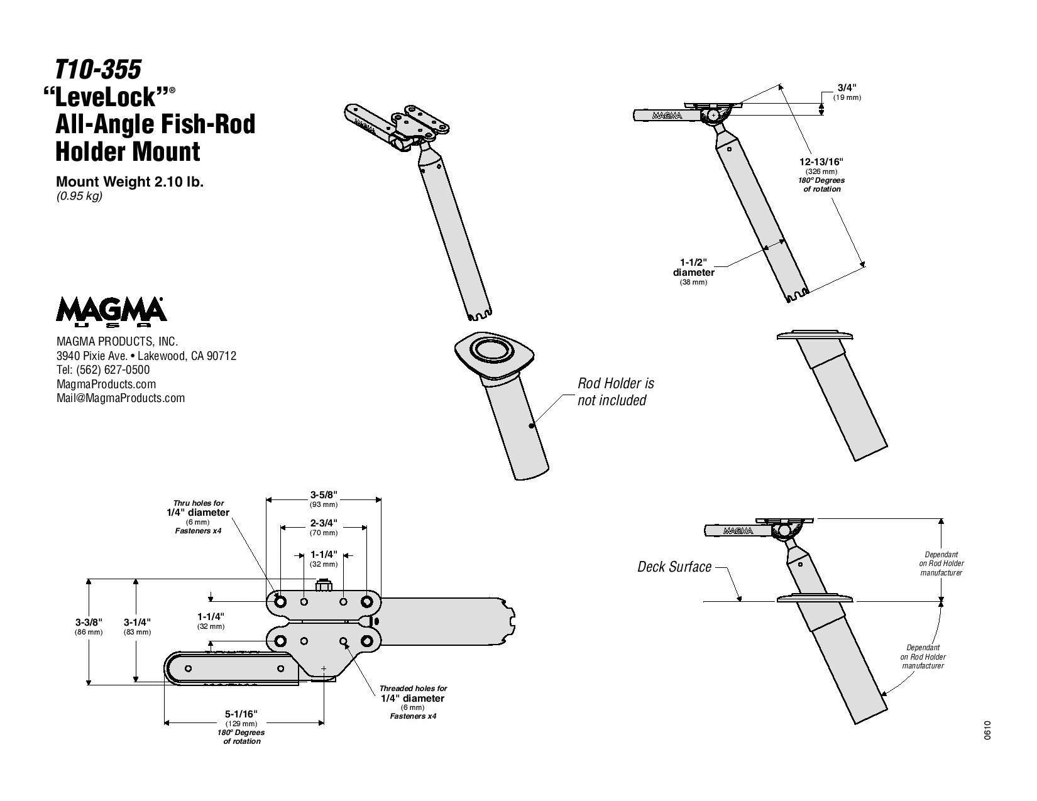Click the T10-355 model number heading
click(98, 70)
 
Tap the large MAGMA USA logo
click(112, 312)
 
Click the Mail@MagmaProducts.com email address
click(121, 398)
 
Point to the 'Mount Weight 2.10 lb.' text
click(129, 182)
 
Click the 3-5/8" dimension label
click(324, 494)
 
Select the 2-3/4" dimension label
click(324, 523)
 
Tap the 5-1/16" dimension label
click(241, 714)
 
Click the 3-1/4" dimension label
click(137, 622)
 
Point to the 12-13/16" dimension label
click(821, 161)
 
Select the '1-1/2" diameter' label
click(693, 267)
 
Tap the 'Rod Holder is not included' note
click(616, 391)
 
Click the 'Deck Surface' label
click(674, 567)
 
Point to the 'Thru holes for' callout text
click(198, 503)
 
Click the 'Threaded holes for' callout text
click(413, 689)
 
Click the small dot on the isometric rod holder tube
click(532, 427)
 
